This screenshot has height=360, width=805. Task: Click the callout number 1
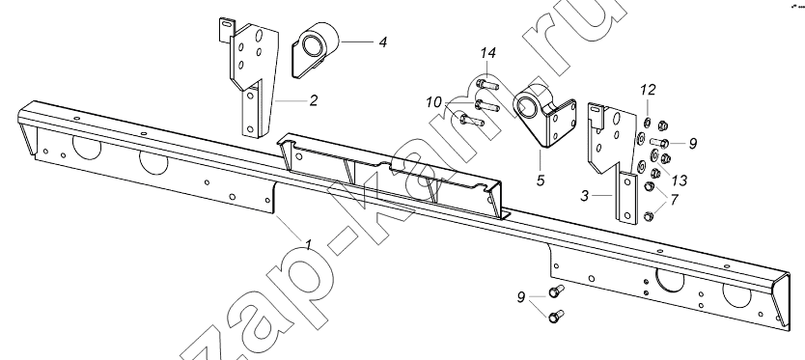pyautogui.click(x=308, y=244)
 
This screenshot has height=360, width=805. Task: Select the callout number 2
pyautogui.click(x=313, y=100)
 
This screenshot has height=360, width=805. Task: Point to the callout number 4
pyautogui.click(x=382, y=42)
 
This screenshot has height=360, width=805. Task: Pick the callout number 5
pyautogui.click(x=541, y=180)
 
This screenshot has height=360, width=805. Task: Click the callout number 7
pyautogui.click(x=674, y=199)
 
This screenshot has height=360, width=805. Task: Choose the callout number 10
pyautogui.click(x=433, y=102)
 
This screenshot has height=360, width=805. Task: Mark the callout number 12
pyautogui.click(x=648, y=91)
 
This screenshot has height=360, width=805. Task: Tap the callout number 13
pyautogui.click(x=680, y=180)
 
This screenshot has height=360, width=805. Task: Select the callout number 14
pyautogui.click(x=488, y=52)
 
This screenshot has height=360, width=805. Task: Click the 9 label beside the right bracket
pyautogui.click(x=693, y=143)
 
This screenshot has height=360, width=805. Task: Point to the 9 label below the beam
pyautogui.click(x=521, y=297)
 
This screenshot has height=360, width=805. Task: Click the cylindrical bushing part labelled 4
pyautogui.click(x=316, y=49)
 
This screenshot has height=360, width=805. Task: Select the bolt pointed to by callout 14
pyautogui.click(x=486, y=84)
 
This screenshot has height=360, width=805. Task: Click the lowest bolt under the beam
pyautogui.click(x=556, y=317)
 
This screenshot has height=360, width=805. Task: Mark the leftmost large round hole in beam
pyautogui.click(x=87, y=147)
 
